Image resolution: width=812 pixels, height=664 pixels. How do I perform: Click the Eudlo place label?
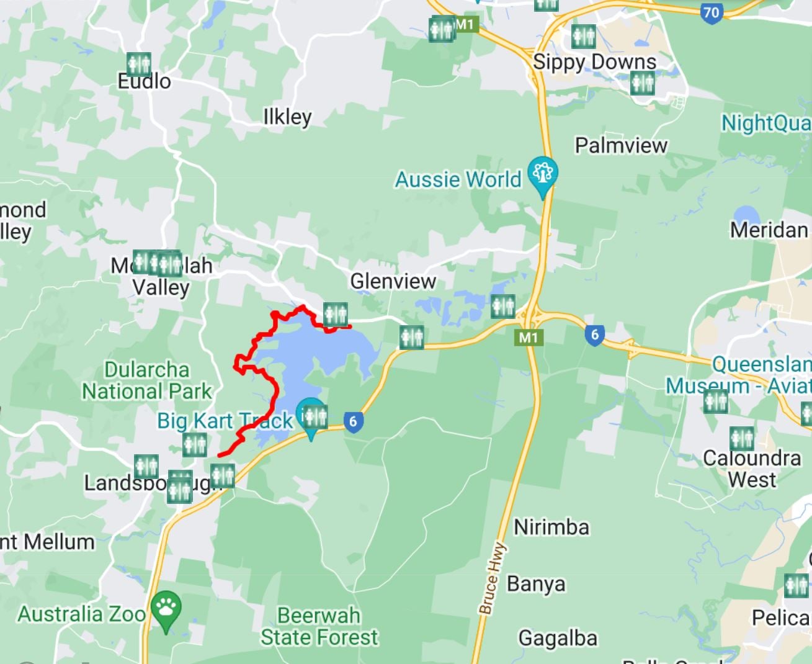click(144, 81)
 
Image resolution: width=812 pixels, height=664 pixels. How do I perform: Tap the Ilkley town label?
click(287, 117)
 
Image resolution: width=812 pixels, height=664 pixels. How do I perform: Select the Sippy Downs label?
click(594, 62)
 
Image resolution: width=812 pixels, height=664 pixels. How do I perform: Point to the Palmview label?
click(621, 145)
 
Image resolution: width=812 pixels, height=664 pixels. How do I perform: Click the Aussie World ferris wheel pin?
click(543, 174)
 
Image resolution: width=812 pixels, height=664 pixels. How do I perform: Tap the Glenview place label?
click(393, 281)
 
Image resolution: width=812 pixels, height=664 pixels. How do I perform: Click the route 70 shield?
click(712, 12)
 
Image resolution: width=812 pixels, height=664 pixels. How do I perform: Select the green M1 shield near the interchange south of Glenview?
click(528, 338)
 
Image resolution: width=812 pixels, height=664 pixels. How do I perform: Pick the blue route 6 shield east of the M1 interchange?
click(594, 335)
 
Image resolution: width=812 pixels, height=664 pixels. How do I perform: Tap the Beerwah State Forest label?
click(319, 626)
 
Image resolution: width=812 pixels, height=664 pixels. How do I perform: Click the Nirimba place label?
click(551, 527)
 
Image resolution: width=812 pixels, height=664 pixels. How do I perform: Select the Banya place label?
click(536, 584)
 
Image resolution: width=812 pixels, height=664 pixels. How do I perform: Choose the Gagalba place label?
click(558, 638)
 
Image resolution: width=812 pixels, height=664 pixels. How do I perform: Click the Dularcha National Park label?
click(147, 380)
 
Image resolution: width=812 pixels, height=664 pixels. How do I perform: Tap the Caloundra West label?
click(752, 469)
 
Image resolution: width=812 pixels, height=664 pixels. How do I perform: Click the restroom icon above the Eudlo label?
click(138, 64)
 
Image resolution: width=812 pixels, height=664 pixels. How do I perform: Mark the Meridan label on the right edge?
click(769, 230)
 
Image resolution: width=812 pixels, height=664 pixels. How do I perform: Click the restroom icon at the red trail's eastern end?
click(335, 315)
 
